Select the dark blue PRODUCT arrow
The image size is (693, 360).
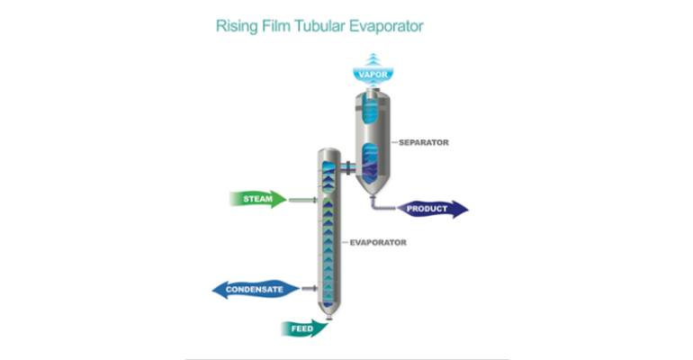[432, 210]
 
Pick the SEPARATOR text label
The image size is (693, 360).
[424, 142]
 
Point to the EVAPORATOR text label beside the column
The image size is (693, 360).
[379, 242]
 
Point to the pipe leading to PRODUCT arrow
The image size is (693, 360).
[382, 207]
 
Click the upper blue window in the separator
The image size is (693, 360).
[371, 113]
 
